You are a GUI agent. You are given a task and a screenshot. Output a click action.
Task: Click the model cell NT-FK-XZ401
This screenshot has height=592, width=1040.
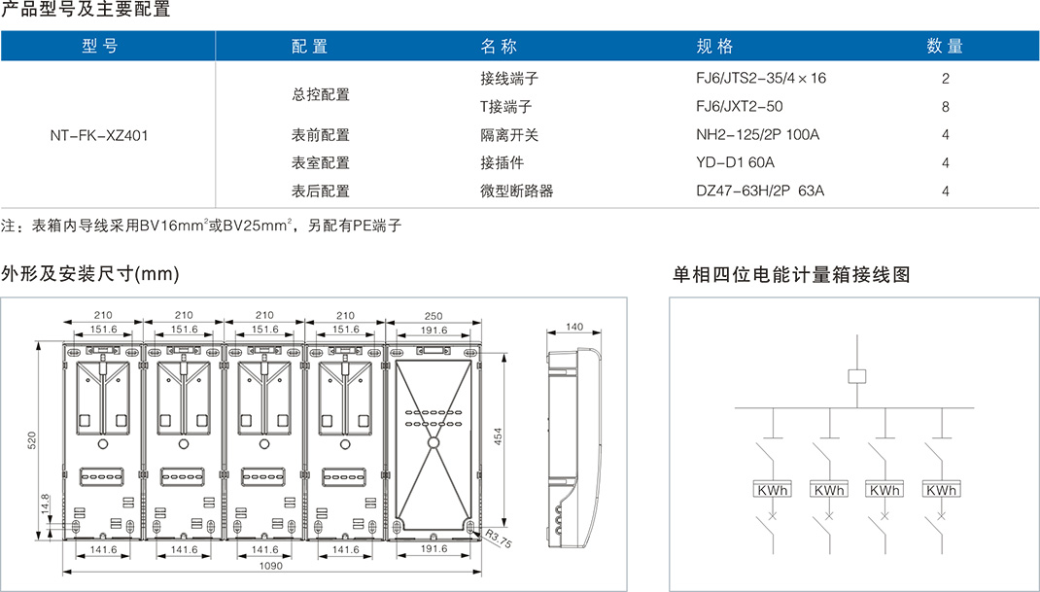(x=98, y=135)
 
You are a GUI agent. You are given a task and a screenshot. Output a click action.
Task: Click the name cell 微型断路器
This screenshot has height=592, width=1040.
(x=516, y=192)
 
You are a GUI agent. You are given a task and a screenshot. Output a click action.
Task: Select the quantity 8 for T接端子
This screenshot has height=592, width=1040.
(x=945, y=107)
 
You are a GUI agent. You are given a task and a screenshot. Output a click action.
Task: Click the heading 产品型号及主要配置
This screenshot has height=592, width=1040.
(x=86, y=11)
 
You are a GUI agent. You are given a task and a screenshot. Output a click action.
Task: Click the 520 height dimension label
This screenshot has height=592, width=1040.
(x=32, y=440)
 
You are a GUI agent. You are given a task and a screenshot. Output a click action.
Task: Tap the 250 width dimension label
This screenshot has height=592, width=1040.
(x=433, y=316)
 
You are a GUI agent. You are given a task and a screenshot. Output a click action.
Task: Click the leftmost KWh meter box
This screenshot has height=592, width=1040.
(x=772, y=490)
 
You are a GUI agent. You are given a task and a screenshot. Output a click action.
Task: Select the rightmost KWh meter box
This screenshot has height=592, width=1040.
(x=941, y=490)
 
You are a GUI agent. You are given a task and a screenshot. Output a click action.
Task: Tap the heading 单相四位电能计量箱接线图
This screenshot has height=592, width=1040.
(x=791, y=275)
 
